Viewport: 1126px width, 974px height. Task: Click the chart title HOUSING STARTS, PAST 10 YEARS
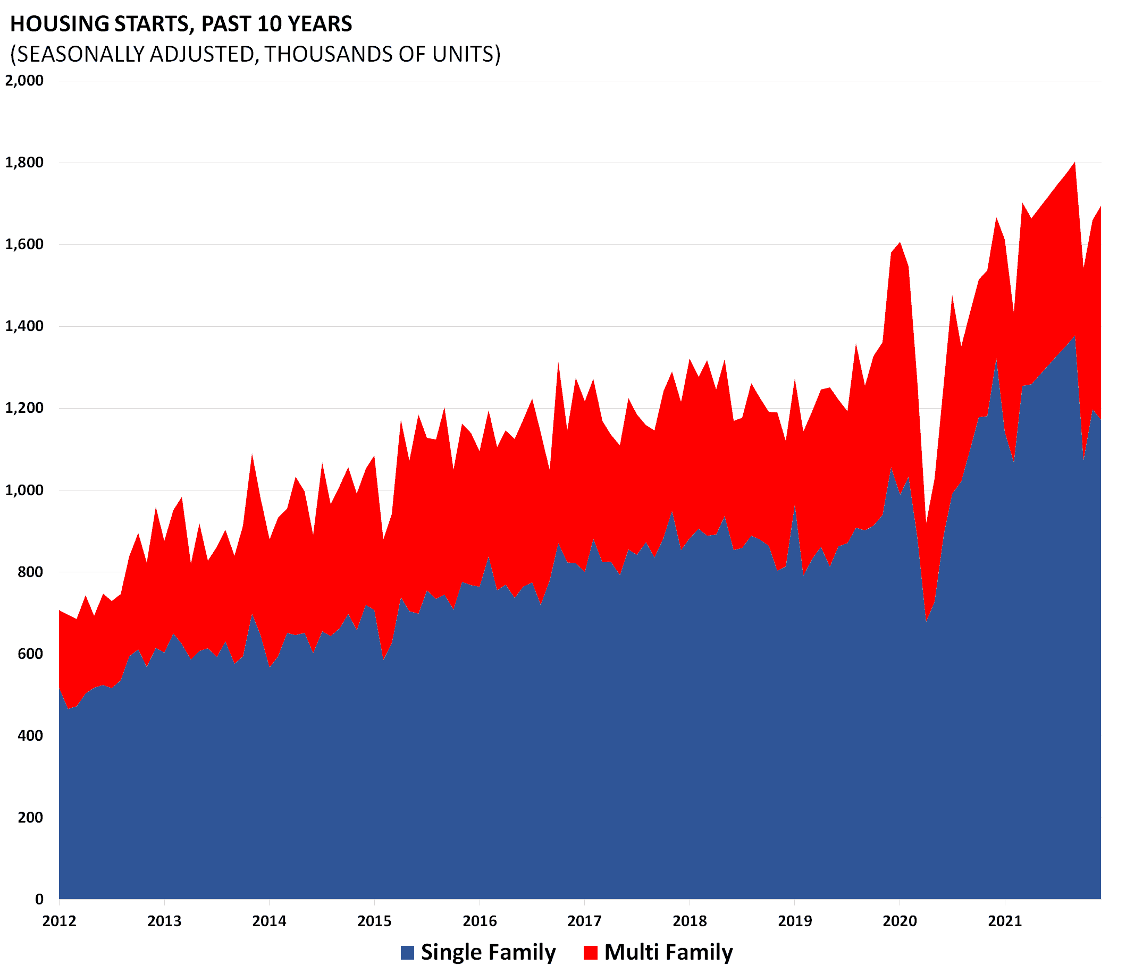click(x=181, y=24)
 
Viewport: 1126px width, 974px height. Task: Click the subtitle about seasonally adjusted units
click(x=255, y=54)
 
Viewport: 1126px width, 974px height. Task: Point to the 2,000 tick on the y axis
click(x=24, y=80)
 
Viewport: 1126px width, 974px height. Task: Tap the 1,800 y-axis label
click(x=24, y=163)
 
